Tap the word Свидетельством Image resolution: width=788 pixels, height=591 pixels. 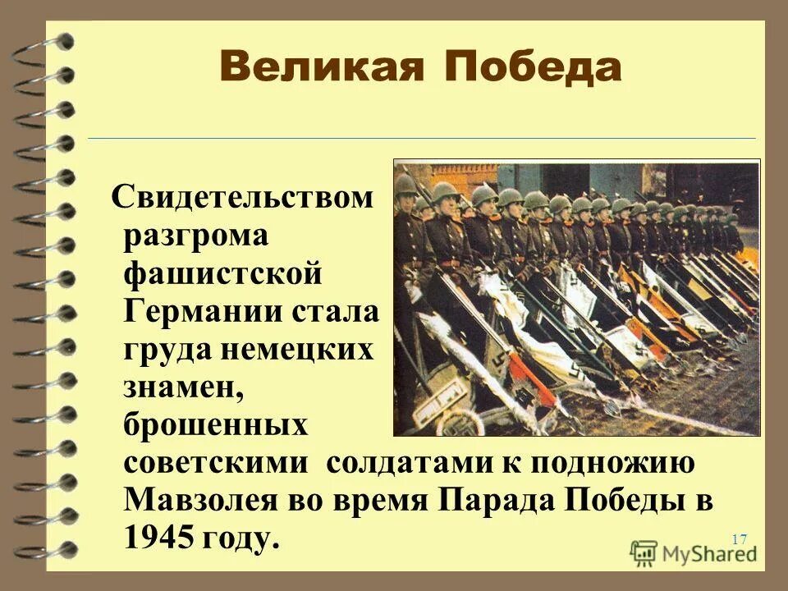pyautogui.click(x=243, y=198)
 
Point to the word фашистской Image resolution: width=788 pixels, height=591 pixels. pyautogui.click(x=222, y=273)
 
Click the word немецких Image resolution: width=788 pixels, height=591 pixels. pyautogui.click(x=299, y=350)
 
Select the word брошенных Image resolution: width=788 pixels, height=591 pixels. pyautogui.click(x=216, y=426)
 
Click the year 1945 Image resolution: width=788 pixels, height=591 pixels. pyautogui.click(x=161, y=539)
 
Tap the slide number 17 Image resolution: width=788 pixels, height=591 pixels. pyautogui.click(x=739, y=539)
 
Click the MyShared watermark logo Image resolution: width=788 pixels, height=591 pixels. pyautogui.click(x=694, y=552)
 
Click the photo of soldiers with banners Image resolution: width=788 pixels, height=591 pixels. pyautogui.click(x=577, y=297)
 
